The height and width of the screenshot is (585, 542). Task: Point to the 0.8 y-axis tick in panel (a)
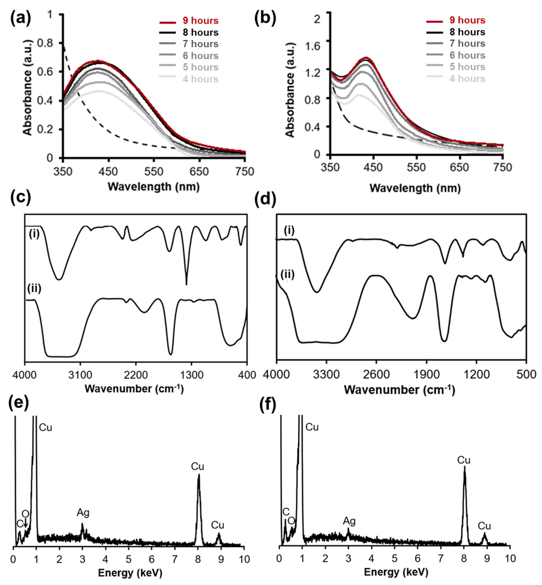[45, 43]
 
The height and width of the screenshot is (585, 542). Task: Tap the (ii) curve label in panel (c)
[34, 288]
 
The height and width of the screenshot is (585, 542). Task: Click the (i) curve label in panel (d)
[289, 231]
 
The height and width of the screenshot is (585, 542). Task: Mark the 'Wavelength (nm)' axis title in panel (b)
[415, 188]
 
